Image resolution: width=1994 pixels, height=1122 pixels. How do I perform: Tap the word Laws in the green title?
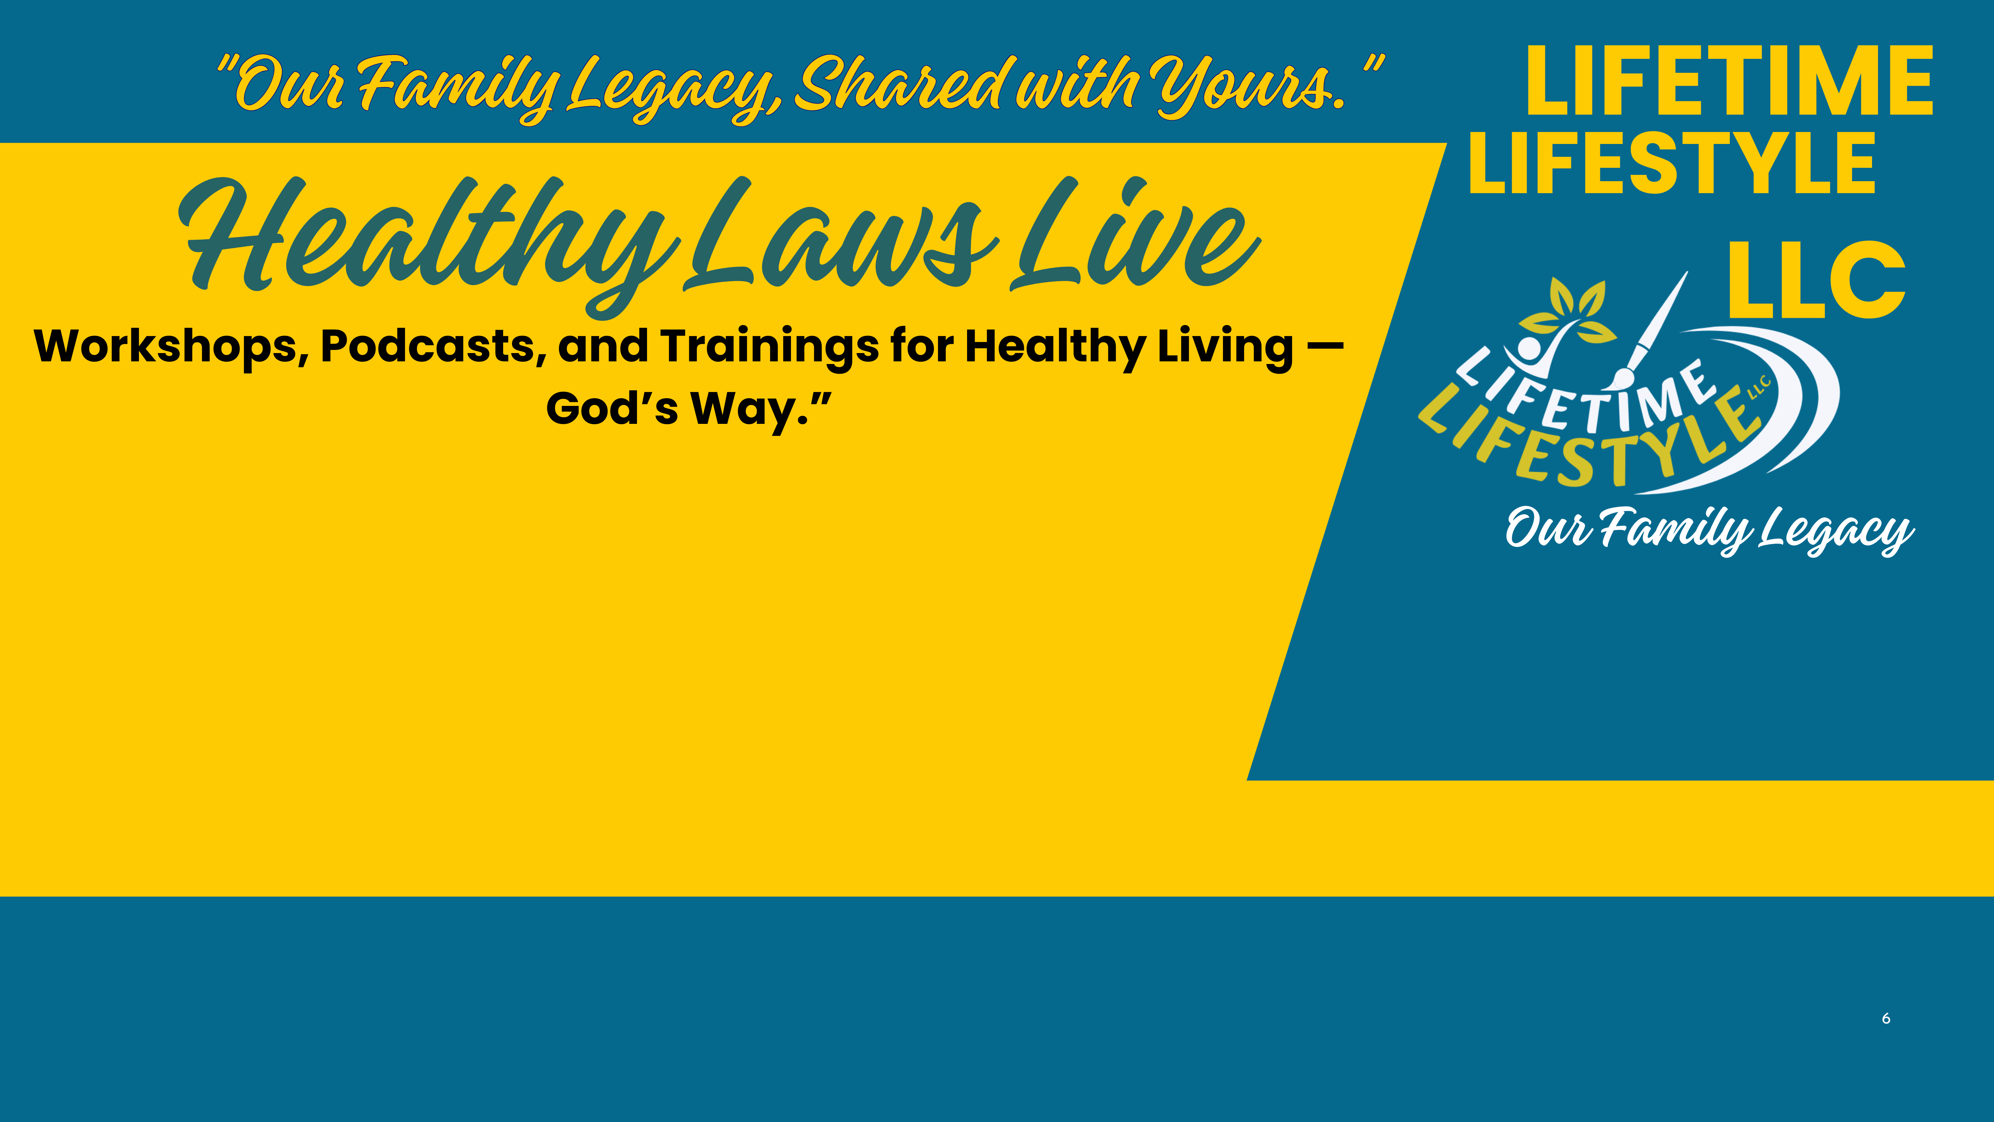(x=840, y=236)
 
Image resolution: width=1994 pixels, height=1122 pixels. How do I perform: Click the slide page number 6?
(x=1886, y=1018)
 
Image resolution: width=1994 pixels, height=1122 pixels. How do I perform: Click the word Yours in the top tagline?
(x=1250, y=85)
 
